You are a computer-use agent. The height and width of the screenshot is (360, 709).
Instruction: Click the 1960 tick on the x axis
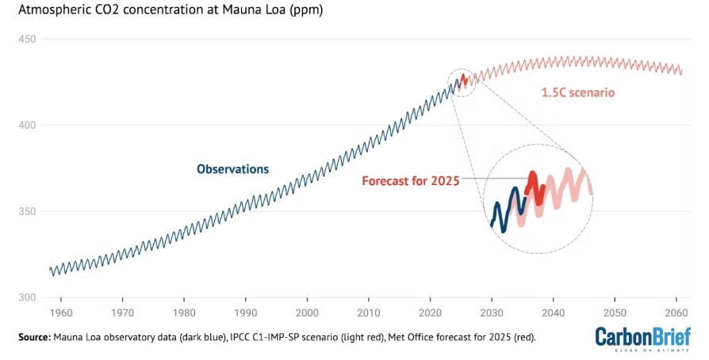[x=61, y=312]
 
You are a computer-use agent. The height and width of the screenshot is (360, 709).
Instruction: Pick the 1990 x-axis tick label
[x=246, y=312]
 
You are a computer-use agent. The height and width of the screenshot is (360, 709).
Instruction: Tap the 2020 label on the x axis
[x=431, y=312]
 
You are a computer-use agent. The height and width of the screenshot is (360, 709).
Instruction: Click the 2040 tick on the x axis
[x=554, y=312]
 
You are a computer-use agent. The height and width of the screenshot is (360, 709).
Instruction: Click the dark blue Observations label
[x=232, y=169]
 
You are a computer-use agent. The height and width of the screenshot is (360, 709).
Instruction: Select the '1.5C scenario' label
[x=578, y=93]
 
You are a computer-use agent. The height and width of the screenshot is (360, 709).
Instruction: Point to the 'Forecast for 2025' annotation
[x=411, y=181]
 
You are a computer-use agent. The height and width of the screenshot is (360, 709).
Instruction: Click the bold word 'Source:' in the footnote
[x=33, y=337]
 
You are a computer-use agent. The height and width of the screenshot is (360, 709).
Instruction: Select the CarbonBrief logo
[x=643, y=336]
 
